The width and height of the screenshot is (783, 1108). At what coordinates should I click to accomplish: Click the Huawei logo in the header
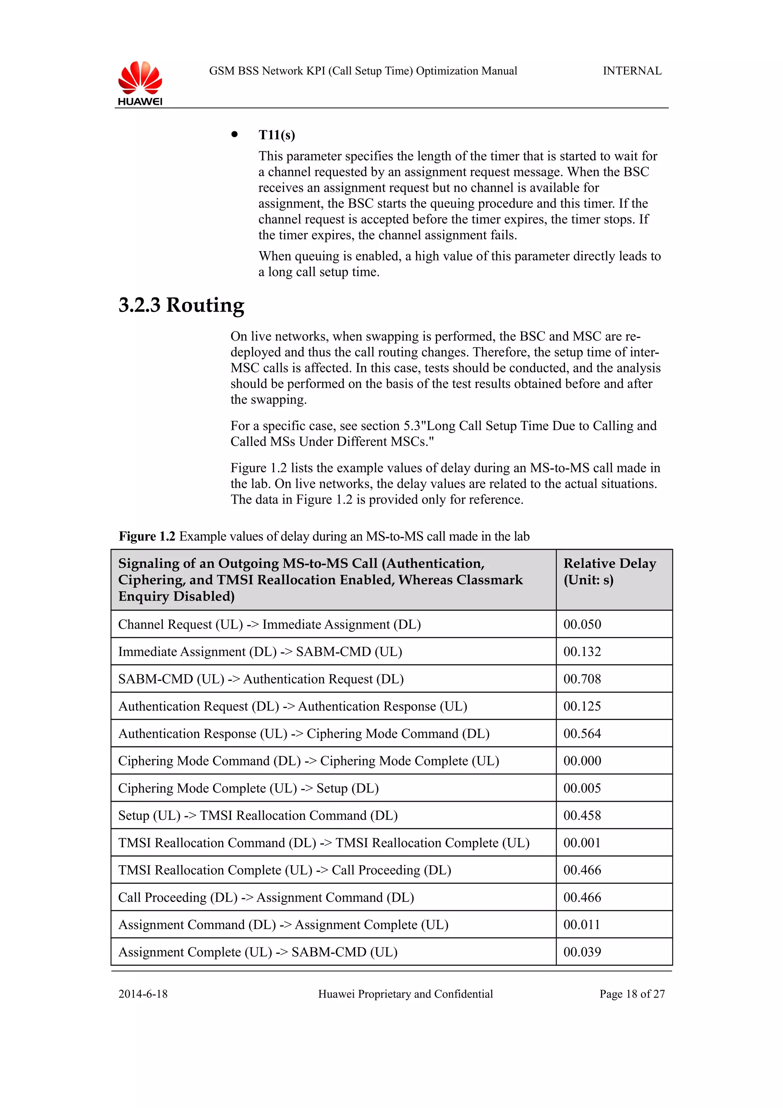coord(140,83)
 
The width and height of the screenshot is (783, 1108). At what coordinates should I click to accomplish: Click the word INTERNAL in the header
coord(632,71)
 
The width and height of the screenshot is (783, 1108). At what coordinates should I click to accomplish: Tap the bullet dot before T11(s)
coord(234,135)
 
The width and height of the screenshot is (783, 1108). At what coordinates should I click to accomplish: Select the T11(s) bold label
coord(276,135)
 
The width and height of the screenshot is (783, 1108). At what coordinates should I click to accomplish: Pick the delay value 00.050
coord(582,624)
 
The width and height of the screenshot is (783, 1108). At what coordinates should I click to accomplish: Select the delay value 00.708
coord(582,679)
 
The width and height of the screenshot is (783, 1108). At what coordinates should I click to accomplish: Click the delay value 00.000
coord(582,761)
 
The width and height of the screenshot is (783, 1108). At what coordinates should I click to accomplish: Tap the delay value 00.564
coord(582,734)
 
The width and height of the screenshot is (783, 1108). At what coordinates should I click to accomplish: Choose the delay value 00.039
coord(582,952)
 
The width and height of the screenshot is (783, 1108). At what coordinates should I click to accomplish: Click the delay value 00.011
coord(582,924)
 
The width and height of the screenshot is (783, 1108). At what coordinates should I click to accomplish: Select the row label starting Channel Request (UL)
coord(269,624)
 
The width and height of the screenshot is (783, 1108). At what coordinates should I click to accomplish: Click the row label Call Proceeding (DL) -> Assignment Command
coord(266,898)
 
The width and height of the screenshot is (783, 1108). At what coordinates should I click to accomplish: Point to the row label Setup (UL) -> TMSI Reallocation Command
coord(258,816)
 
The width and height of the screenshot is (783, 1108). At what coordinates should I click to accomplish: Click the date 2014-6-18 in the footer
coord(143,994)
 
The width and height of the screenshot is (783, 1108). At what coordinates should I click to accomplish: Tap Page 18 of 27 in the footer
coord(632,994)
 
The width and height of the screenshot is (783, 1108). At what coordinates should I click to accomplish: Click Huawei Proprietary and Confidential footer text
coord(405,994)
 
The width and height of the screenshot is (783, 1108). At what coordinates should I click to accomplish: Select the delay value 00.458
coord(582,816)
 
